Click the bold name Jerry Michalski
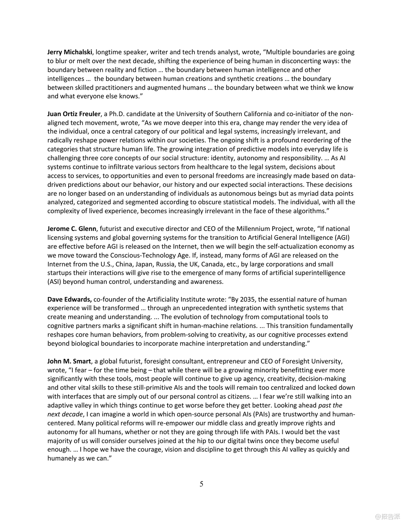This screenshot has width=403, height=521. click(x=70, y=52)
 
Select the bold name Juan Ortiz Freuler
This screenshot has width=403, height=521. click(x=74, y=114)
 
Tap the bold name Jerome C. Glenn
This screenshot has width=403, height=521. click(x=72, y=229)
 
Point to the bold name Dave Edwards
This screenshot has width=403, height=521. click(x=70, y=299)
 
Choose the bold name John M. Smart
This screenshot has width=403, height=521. click(x=69, y=361)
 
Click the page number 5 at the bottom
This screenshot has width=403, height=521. click(x=201, y=484)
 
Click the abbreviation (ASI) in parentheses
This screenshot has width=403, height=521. click(x=54, y=282)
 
